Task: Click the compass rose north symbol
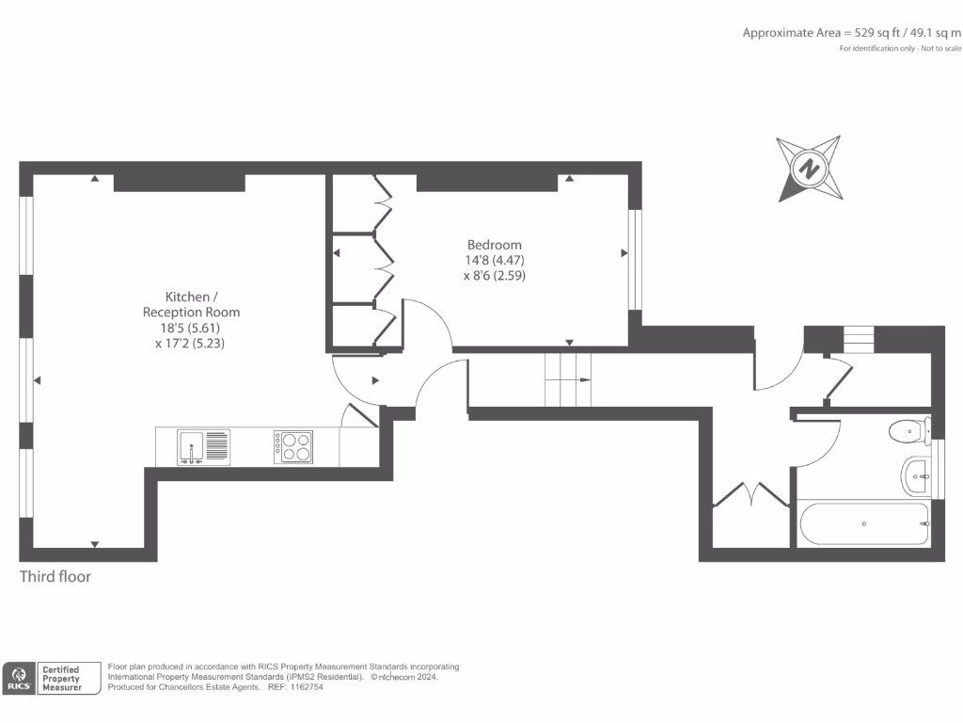coord(808,169)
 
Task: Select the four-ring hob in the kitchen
coord(293,446)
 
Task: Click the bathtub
coord(863,523)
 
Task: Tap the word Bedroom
coord(495,245)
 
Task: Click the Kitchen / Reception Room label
coord(191,304)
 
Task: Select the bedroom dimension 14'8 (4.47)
coord(495,261)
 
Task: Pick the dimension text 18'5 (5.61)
coord(191,328)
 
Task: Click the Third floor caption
coord(55,576)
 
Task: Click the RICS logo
coord(19,679)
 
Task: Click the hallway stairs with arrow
coord(568,379)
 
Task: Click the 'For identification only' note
coord(900,48)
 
